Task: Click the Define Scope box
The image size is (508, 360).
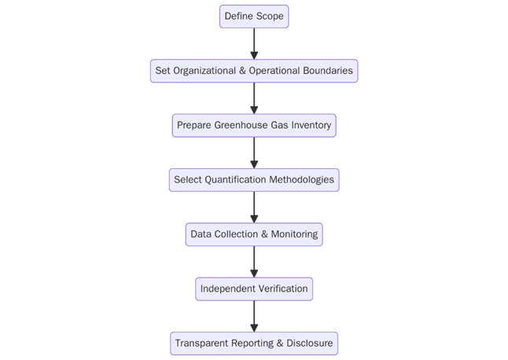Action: [254, 17]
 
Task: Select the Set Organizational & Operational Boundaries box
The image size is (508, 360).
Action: [254, 71]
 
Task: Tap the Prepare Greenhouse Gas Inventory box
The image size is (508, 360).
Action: [254, 126]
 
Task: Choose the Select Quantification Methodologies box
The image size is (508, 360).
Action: [254, 180]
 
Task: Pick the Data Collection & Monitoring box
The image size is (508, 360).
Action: [254, 234]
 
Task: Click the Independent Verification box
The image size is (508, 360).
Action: [254, 289]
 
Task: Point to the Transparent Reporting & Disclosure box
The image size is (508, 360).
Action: [254, 343]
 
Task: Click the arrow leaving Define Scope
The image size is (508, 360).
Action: [254, 43]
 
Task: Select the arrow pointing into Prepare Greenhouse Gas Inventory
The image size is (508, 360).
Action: [254, 98]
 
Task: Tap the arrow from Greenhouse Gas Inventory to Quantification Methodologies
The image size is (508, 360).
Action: [254, 152]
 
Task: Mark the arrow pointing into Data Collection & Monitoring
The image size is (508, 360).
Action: [254, 208]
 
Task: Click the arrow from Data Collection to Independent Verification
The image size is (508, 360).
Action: [254, 262]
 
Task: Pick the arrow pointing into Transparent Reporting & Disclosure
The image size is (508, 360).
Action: [254, 316]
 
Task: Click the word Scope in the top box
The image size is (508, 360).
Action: [269, 17]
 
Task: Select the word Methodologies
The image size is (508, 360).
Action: [301, 180]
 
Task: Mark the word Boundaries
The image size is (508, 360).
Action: [327, 71]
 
